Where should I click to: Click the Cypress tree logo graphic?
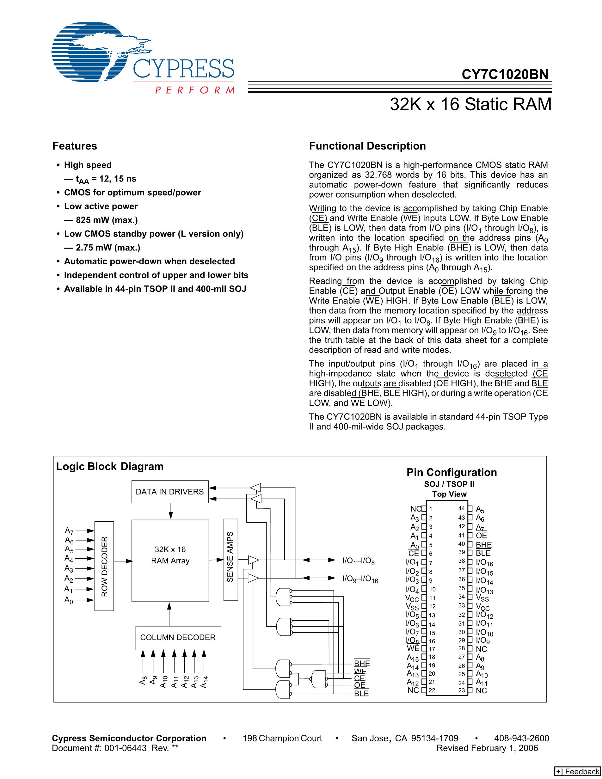96,53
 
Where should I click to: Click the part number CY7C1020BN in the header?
505,75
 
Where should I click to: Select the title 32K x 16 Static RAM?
470,105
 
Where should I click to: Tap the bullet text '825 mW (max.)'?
107,220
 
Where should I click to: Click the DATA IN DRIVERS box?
170,492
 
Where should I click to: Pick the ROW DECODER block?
104,566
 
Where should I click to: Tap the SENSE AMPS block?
230,560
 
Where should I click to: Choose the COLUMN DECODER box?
178,637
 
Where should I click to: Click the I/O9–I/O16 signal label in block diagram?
360,579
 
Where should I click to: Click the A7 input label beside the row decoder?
69,531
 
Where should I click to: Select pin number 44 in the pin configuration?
462,508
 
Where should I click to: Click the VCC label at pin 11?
412,598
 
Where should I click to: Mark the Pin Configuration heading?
451,472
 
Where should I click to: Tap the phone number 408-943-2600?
521,738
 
